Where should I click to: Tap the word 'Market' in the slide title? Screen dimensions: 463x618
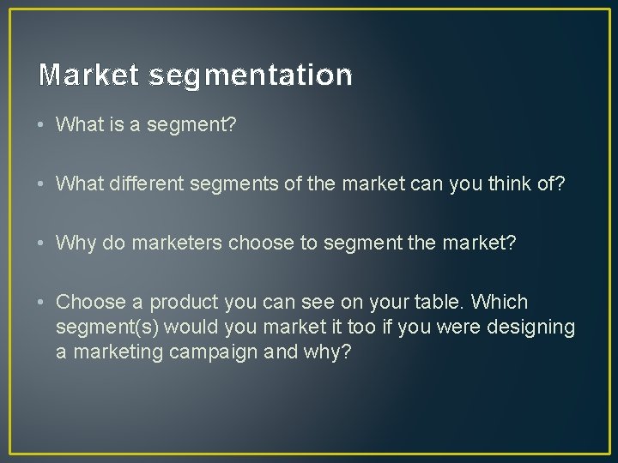click(88, 75)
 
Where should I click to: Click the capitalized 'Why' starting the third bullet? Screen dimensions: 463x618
click(76, 243)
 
